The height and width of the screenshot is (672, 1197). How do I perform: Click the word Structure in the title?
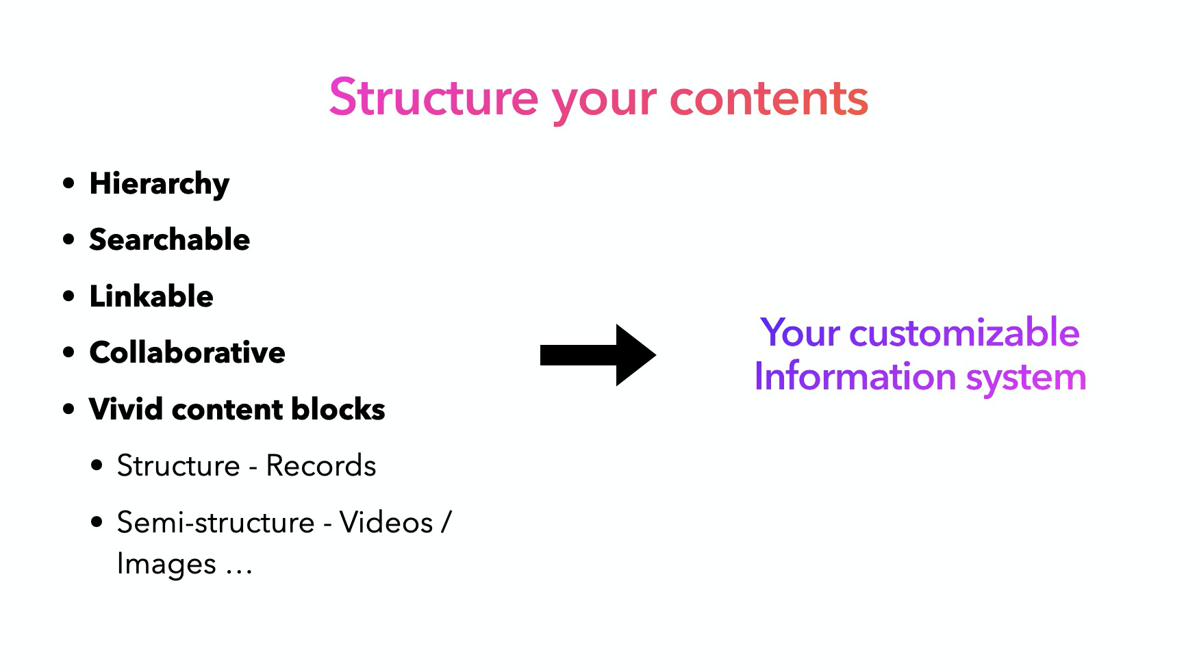point(433,98)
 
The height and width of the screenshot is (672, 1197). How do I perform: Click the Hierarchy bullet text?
point(159,184)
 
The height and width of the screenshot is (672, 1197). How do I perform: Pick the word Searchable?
point(169,240)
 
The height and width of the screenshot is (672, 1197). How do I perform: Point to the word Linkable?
point(151,296)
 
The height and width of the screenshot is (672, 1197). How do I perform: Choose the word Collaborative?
point(187,352)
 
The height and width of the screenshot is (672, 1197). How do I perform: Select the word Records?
point(320,466)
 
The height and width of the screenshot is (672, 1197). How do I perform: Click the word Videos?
point(386,523)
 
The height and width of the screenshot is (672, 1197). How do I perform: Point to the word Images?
point(166,565)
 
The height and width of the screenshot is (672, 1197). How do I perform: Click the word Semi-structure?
point(216,523)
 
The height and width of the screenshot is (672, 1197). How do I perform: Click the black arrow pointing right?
point(597,354)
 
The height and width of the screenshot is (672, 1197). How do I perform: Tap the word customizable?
point(964,333)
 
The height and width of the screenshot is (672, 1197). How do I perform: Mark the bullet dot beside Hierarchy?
point(68,183)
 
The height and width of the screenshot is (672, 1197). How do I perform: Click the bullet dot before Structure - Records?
point(97,465)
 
